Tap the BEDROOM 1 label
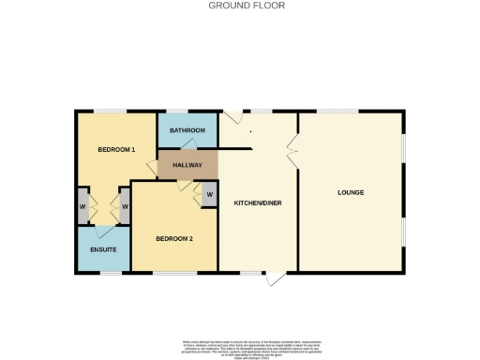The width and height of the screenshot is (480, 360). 117,150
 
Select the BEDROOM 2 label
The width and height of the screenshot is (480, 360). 174,239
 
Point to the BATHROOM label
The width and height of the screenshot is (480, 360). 187,131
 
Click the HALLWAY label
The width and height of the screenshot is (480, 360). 187,165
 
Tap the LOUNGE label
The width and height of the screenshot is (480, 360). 351,192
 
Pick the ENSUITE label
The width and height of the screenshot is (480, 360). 103,249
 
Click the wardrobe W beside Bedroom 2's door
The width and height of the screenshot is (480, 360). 209,195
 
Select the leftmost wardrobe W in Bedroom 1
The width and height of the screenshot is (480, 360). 83,206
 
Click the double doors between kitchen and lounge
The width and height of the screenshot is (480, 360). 292,147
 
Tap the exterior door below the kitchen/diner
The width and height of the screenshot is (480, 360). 274,278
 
